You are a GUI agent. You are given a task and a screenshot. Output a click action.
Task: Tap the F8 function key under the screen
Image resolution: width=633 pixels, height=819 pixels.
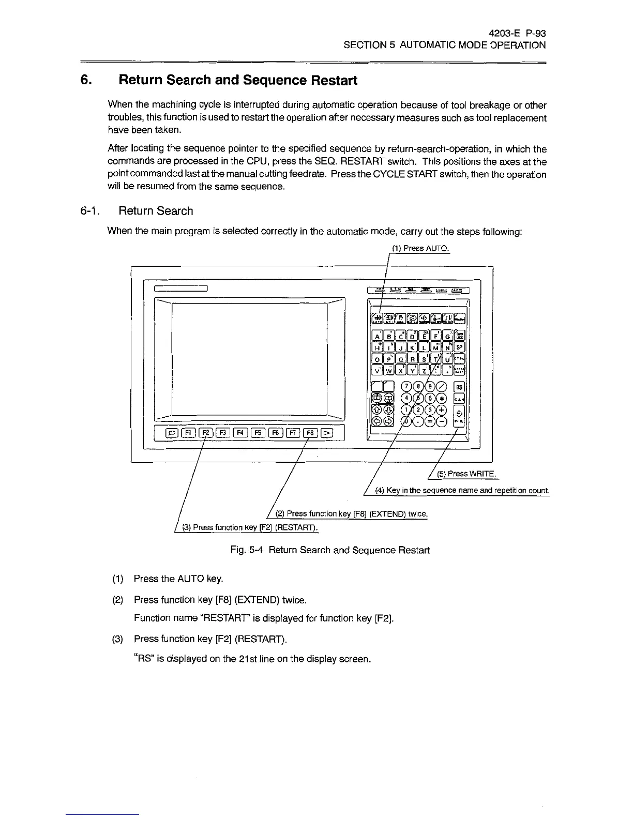310,433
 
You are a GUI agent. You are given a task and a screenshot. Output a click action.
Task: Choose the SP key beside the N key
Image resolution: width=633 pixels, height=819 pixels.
459,346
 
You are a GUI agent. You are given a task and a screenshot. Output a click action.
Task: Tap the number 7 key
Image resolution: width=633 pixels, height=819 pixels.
408,386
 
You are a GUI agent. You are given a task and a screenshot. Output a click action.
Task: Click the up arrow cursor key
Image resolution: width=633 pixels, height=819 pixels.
377,410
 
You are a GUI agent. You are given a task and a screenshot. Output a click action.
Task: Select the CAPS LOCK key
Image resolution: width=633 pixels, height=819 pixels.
459,336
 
